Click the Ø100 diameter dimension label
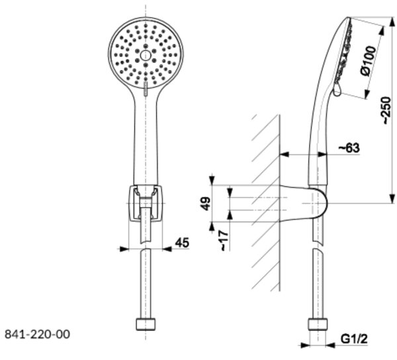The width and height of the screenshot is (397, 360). (x=368, y=61)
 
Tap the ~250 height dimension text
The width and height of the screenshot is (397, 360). (x=386, y=111)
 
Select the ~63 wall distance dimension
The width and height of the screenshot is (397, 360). (x=349, y=148)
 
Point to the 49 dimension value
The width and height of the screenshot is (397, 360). (x=206, y=204)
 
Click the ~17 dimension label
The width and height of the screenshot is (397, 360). (x=224, y=241)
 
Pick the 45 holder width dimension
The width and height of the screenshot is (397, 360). (x=182, y=242)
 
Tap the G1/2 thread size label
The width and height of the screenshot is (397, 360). (x=354, y=339)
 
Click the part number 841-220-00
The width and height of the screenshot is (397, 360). (x=37, y=334)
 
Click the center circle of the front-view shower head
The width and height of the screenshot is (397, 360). (x=146, y=56)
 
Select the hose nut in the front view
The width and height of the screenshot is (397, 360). (x=146, y=324)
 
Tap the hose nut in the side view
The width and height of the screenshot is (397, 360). (x=318, y=324)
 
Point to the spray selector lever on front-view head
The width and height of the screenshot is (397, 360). (x=146, y=89)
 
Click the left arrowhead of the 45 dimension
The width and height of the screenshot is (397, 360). (x=123, y=249)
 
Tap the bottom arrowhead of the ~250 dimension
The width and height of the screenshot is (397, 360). (x=392, y=199)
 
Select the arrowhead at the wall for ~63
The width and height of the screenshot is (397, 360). (x=284, y=154)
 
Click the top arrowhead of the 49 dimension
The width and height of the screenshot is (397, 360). (x=212, y=181)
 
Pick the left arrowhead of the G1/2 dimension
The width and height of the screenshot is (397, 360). (x=304, y=345)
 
